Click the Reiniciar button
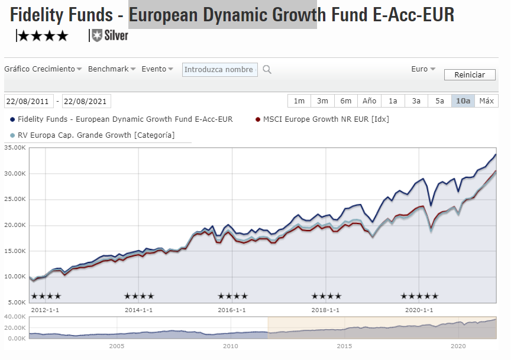coord(469,75)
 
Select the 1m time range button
coord(299,101)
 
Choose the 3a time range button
coord(416,101)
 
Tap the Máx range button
coord(486,101)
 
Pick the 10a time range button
coord(463,101)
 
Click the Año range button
coord(369,101)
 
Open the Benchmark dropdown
coord(112,69)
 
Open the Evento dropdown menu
coord(157,69)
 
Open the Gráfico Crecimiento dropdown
coord(43,69)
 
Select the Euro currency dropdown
coord(423,69)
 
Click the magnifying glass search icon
coord(267,70)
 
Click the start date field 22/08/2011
coord(29,101)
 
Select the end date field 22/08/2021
coord(86,101)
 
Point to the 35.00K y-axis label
coord(15,148)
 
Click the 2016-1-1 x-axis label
coord(232,310)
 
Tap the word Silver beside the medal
coord(116,35)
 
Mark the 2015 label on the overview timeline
coord(344,346)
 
